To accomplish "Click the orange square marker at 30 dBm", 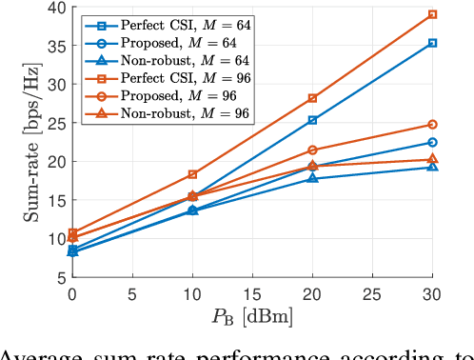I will [x=432, y=14].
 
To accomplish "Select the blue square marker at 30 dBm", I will [x=432, y=43].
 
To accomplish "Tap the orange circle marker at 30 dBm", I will [x=432, y=125].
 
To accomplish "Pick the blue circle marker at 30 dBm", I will [x=432, y=143].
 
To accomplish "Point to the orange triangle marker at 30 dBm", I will [x=432, y=159].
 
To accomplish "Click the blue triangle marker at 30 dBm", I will [x=432, y=167].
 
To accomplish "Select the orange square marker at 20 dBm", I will [x=312, y=98].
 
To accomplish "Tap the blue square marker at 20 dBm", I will [x=312, y=120].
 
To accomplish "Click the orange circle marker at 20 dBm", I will [x=312, y=150].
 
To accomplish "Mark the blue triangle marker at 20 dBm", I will [x=312, y=178].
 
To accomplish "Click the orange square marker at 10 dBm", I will [x=192, y=174].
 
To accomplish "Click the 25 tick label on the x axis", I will [x=372, y=295].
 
